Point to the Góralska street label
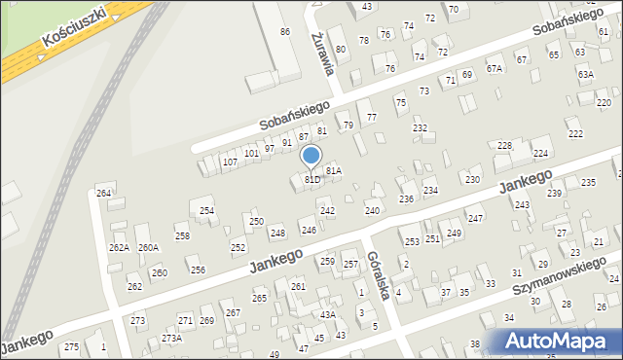coord(378,275)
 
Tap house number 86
coord(285,32)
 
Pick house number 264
coord(104,194)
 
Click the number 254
coord(206,210)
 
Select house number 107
coord(230,162)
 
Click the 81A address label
coord(334,170)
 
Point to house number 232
coord(420,128)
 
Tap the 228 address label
coord(504,145)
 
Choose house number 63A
coord(585,74)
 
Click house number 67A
coord(495,68)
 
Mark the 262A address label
coord(119,248)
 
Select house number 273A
coord(171,339)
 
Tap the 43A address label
coord(328,314)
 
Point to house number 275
coord(71,347)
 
